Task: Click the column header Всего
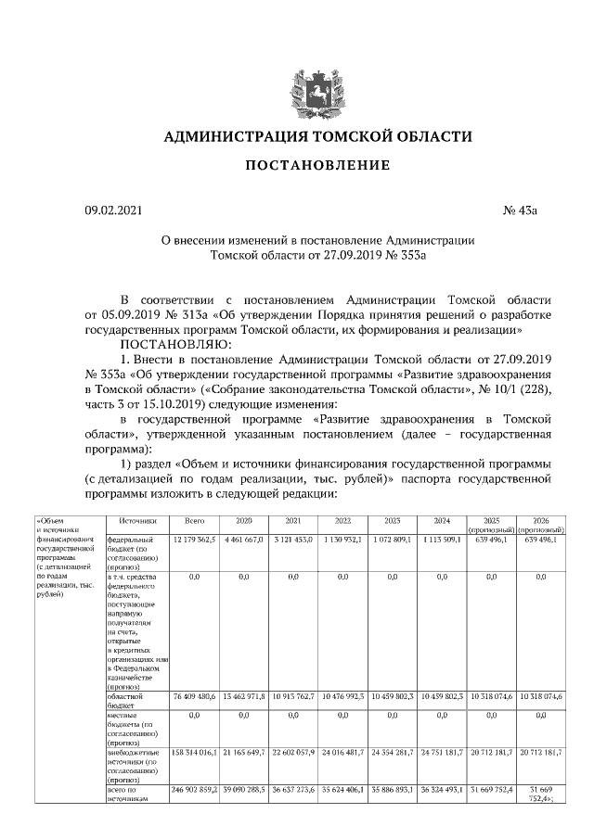point(194,521)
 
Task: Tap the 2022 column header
point(342,521)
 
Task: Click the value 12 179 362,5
point(194,539)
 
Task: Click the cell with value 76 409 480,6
point(194,695)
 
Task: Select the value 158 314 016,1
point(194,753)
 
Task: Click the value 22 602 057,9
point(293,753)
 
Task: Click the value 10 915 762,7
point(293,695)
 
